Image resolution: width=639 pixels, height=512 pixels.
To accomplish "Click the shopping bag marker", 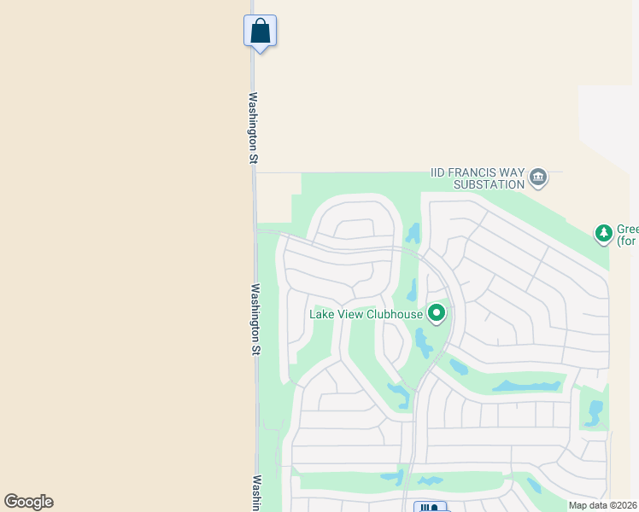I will (x=260, y=32).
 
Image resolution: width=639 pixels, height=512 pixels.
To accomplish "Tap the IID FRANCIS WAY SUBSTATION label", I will (x=478, y=178).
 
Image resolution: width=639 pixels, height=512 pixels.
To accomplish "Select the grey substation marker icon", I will (x=538, y=177).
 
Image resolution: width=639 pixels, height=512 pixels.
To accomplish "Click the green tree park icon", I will (x=604, y=232).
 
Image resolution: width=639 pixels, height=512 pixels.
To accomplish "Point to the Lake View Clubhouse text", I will (x=366, y=314).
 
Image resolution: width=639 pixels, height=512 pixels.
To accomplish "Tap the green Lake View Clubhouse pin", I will (x=437, y=314).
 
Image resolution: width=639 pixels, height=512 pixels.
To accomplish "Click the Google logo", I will (x=28, y=502).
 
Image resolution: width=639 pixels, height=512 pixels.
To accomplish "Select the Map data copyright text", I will (x=602, y=505).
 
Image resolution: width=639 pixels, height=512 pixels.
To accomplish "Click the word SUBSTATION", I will (x=490, y=184).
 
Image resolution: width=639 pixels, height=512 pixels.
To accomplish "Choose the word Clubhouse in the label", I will (x=395, y=314).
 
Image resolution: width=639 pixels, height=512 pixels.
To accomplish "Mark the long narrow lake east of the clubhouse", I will (x=527, y=386).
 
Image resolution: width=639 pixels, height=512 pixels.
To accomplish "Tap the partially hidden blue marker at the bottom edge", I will (x=431, y=507).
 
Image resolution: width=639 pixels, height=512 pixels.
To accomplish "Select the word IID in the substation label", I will (x=440, y=172).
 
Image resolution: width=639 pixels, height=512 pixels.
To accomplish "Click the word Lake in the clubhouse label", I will (x=321, y=314).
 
